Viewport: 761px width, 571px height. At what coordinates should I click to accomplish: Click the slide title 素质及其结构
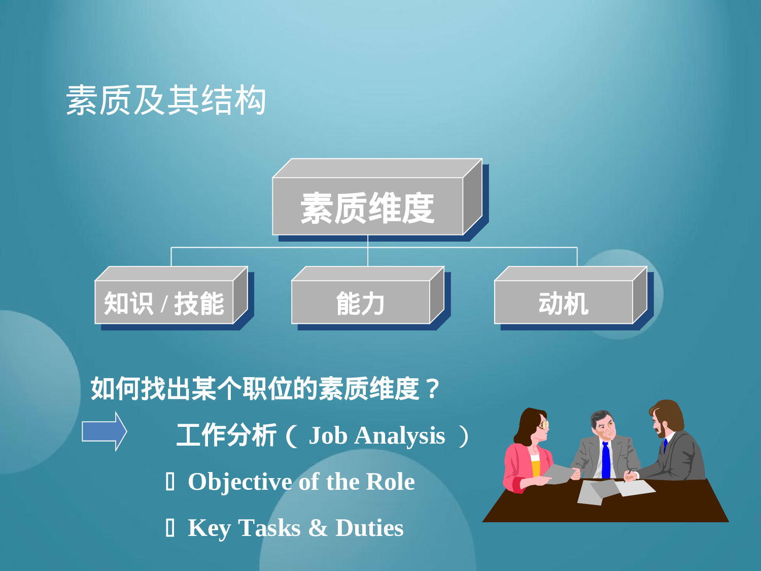pyautogui.click(x=166, y=100)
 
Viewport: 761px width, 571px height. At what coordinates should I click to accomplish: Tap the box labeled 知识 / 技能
pyautogui.click(x=164, y=303)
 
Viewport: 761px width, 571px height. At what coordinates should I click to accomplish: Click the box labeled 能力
pyautogui.click(x=361, y=303)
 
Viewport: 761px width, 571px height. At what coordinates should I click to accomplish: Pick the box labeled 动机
pyautogui.click(x=564, y=303)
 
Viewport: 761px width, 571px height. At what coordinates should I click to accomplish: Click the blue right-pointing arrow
pyautogui.click(x=105, y=431)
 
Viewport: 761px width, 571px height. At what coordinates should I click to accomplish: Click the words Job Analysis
pyautogui.click(x=377, y=435)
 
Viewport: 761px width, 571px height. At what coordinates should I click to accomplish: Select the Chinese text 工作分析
pyautogui.click(x=226, y=435)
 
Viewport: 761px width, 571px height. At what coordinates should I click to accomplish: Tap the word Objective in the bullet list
pyautogui.click(x=240, y=482)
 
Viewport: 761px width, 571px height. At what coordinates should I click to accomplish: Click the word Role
pyautogui.click(x=390, y=482)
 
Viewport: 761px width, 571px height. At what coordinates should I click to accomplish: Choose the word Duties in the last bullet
pyautogui.click(x=369, y=528)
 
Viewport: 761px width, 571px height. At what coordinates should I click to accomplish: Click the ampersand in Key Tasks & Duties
pyautogui.click(x=318, y=528)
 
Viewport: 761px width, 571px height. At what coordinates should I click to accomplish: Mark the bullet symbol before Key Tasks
pyautogui.click(x=170, y=528)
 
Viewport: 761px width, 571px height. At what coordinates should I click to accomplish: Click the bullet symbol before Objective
pyautogui.click(x=170, y=482)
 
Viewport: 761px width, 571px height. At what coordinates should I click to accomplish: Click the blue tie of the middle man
pyautogui.click(x=606, y=460)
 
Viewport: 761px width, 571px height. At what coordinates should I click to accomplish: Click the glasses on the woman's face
pyautogui.click(x=544, y=424)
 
